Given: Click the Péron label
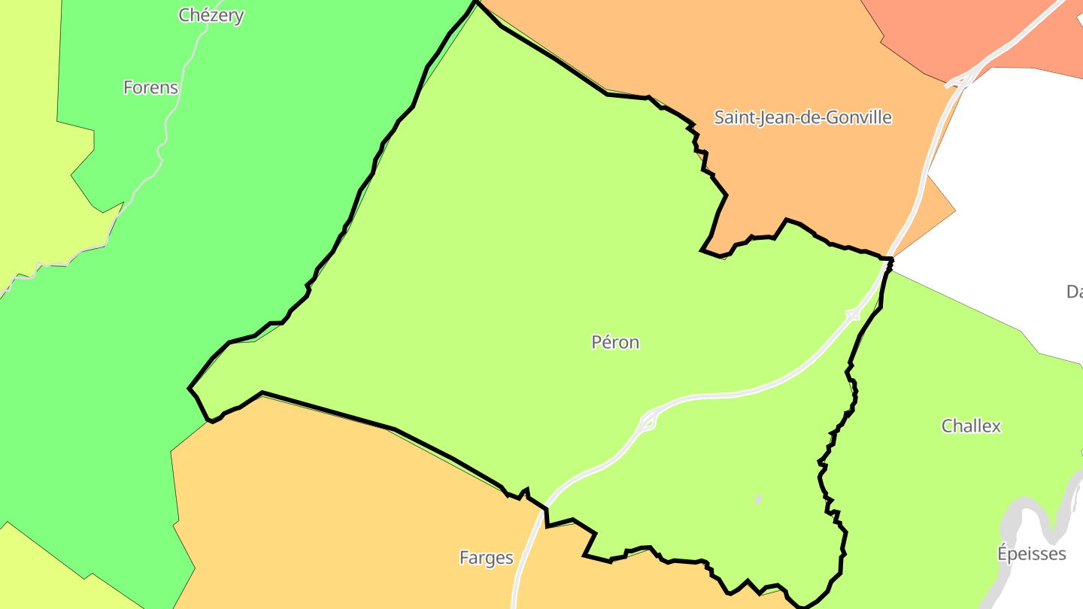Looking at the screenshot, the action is click(615, 343).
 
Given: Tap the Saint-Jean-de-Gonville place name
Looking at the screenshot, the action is click(802, 118).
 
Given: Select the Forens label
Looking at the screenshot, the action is click(150, 88).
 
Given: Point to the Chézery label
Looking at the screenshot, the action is click(211, 16).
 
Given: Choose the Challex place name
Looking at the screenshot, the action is click(971, 426).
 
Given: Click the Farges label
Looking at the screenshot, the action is click(487, 558).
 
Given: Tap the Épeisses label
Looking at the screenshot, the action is click(1031, 554).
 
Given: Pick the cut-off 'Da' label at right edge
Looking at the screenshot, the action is click(1074, 292).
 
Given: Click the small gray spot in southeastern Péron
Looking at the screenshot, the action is click(757, 499).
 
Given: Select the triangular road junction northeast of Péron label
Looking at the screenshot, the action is click(853, 314).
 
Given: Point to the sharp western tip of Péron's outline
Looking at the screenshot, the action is click(190, 389).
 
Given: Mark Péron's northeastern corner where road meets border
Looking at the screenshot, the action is click(889, 260).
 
